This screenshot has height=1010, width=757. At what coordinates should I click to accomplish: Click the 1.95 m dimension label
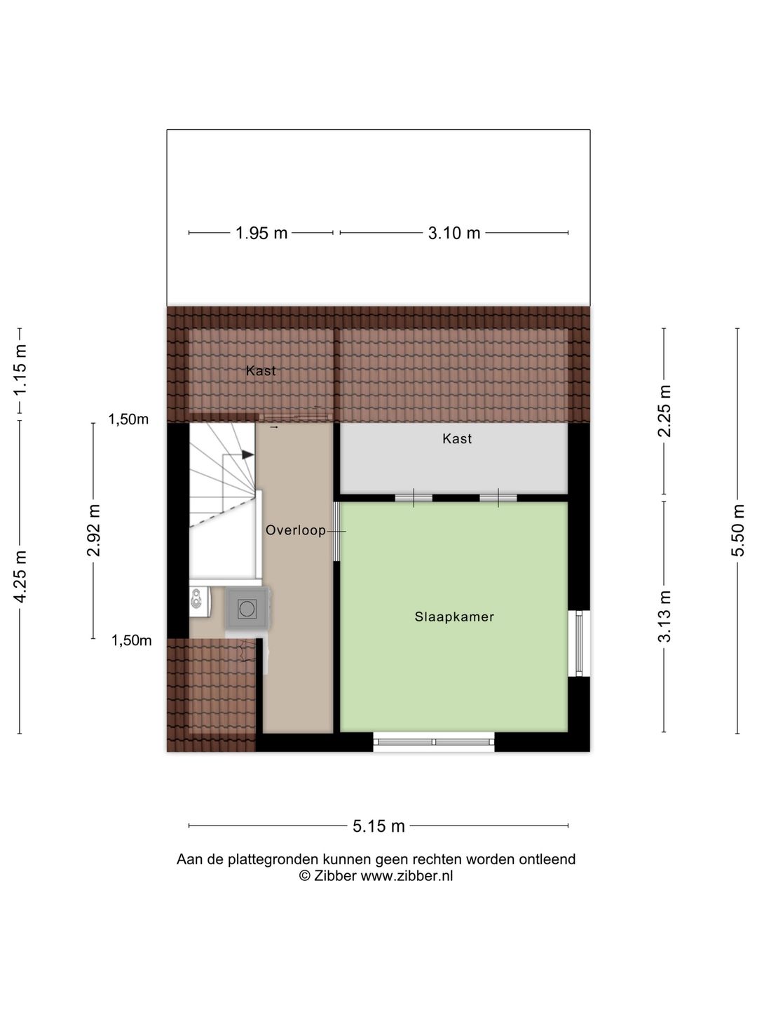[261, 233]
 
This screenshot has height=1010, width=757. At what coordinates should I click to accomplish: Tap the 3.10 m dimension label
[454, 233]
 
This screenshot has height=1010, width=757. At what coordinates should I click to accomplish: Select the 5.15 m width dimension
[378, 826]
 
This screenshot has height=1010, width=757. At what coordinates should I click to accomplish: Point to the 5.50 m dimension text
[737, 530]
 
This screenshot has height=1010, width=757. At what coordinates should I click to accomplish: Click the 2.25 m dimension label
[664, 411]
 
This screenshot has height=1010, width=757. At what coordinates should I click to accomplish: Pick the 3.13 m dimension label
[664, 616]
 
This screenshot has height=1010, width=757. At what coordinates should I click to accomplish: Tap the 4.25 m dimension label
[20, 576]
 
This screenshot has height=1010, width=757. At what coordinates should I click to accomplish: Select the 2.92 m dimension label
[94, 530]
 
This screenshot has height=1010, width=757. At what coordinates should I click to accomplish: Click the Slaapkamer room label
[454, 617]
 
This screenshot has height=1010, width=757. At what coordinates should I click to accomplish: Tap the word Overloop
[295, 531]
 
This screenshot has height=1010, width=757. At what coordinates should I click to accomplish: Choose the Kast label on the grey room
[457, 439]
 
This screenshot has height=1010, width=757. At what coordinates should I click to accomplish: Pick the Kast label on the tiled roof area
[261, 371]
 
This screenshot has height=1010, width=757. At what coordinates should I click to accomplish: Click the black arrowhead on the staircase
[247, 454]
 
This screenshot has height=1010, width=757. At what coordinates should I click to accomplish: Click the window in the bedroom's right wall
[579, 643]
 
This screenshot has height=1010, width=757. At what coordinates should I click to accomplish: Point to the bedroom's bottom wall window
[433, 741]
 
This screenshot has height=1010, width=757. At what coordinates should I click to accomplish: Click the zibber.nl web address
[407, 876]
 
